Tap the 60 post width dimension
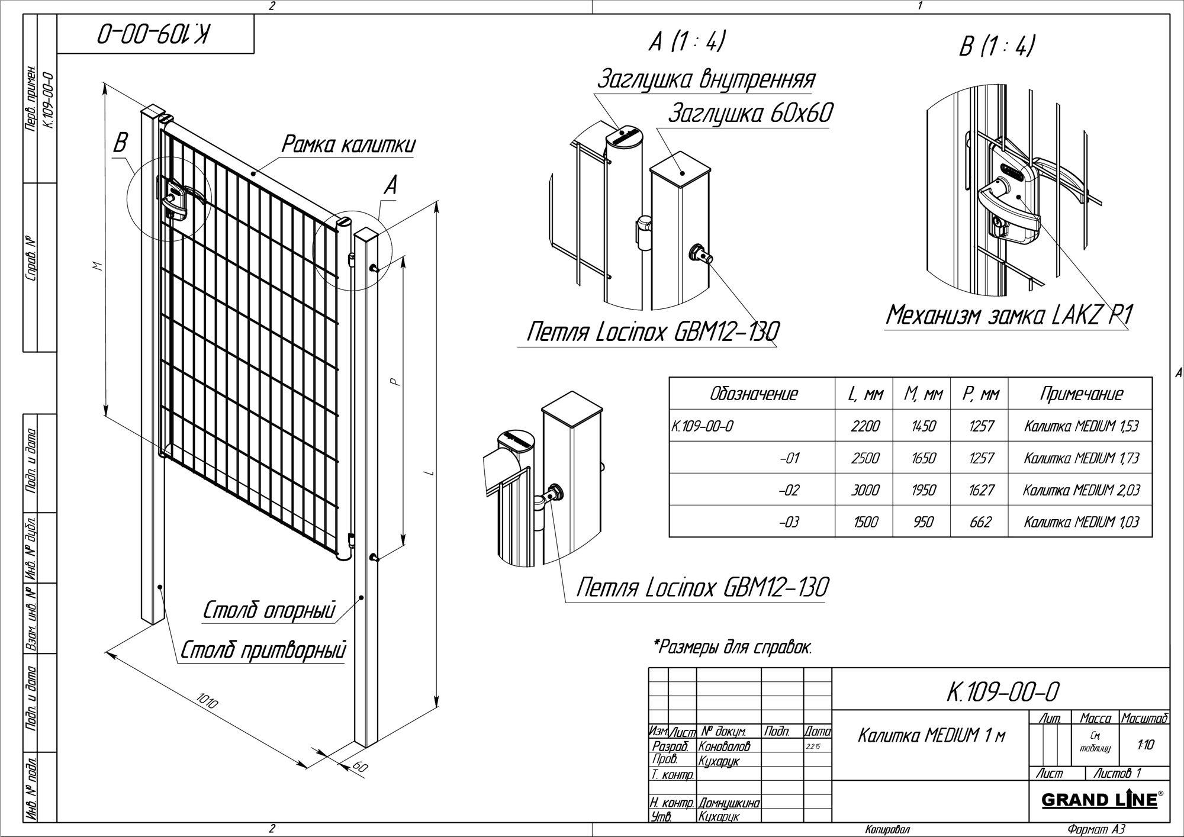359,767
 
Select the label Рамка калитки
348,145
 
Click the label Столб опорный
269,610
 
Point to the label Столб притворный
262,650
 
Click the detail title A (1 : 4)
687,43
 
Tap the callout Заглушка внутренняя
706,79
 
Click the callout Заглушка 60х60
750,114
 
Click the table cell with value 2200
865,426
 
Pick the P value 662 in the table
980,521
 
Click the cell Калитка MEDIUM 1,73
1081,458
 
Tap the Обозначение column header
753,394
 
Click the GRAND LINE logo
1101,800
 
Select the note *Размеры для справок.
732,647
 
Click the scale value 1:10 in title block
1146,745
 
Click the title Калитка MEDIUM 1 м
931,736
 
